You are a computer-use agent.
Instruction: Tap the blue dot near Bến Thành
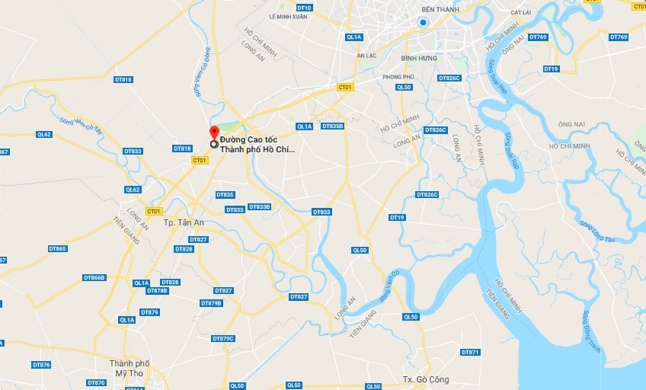click(423, 23)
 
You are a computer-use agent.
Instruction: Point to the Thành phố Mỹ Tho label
click(131, 368)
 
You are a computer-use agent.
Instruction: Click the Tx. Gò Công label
click(426, 379)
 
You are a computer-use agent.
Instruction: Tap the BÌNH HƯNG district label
click(418, 57)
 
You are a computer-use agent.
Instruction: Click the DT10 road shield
click(305, 8)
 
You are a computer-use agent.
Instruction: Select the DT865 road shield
click(58, 249)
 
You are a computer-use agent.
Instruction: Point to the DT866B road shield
click(94, 277)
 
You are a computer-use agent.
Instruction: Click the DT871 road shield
click(471, 352)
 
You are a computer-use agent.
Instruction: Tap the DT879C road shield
click(223, 338)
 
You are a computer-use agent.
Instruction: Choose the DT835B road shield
click(333, 126)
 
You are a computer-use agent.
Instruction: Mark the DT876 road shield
click(41, 365)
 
